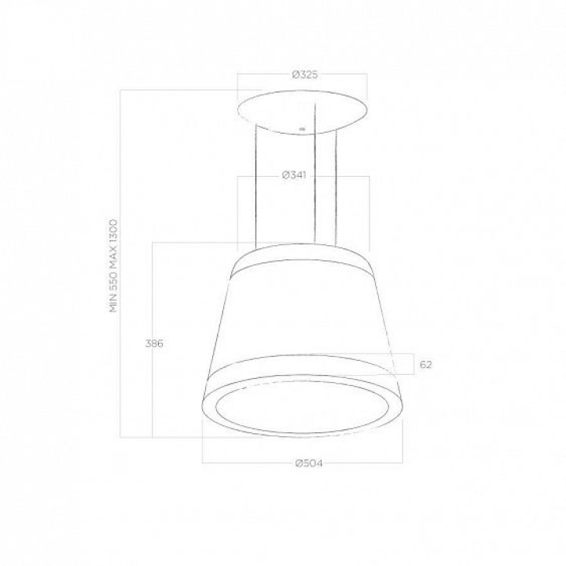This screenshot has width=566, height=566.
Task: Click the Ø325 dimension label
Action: [305, 75]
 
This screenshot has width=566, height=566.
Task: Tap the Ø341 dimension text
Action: [294, 175]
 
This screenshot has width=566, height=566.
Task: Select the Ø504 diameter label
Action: [309, 463]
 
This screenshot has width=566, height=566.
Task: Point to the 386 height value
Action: [154, 344]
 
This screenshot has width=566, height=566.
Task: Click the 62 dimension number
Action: [425, 365]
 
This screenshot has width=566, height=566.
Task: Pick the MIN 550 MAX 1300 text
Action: [114, 266]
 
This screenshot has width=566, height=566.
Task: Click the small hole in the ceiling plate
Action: [302, 129]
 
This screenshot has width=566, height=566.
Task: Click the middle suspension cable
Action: [314, 173]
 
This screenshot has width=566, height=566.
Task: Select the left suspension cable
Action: [256, 186]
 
